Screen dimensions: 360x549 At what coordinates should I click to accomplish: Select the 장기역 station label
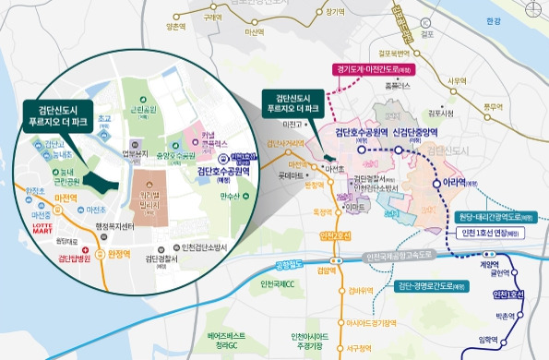click(x=335, y=13)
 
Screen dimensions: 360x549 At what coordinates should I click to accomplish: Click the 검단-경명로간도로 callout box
click(x=428, y=286)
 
